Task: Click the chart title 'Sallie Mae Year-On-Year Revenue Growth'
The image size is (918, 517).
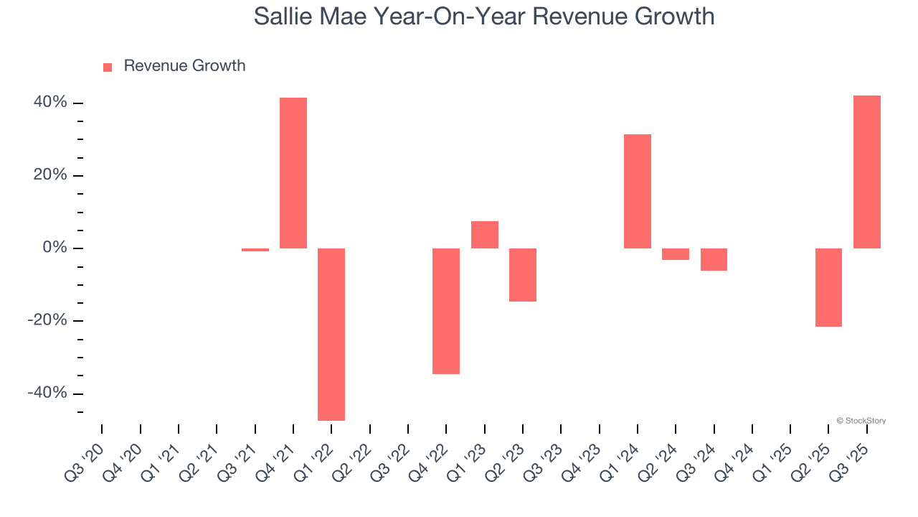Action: point(484,17)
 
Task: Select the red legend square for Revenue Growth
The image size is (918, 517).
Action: point(108,67)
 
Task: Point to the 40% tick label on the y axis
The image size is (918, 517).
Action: point(50,103)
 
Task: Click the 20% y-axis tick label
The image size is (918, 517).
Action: point(50,175)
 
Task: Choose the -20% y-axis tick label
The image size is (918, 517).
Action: point(47,320)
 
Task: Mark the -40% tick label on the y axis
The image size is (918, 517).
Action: point(47,393)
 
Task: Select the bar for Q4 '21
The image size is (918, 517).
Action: point(293,173)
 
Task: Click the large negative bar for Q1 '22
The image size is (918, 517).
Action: point(331,334)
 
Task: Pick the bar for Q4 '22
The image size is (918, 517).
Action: point(446,311)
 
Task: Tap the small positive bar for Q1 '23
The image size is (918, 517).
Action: point(485,235)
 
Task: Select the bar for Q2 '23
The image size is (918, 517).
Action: point(523,275)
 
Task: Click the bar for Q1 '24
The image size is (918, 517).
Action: point(638,191)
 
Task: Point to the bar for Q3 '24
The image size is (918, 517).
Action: point(714,259)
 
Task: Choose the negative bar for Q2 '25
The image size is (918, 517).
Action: point(828,287)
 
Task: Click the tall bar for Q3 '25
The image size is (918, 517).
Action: point(867,172)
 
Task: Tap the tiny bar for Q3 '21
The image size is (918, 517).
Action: point(255,250)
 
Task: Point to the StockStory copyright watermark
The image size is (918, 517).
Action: point(861,421)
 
